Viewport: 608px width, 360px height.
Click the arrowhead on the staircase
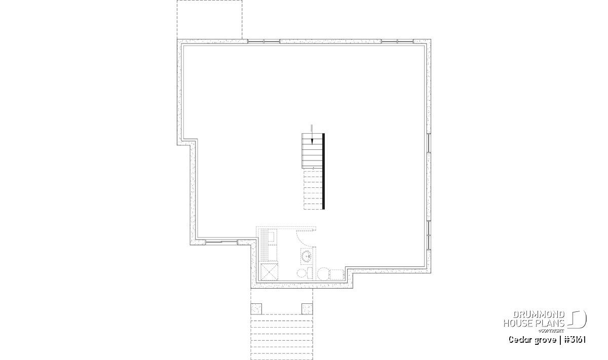(x=312, y=141)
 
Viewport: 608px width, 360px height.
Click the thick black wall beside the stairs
(x=323, y=171)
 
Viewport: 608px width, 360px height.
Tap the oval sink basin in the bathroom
(x=307, y=256)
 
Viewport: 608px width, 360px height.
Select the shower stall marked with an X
(x=269, y=271)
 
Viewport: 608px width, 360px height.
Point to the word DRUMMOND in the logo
(x=539, y=315)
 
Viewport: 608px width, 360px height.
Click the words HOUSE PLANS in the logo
(x=534, y=324)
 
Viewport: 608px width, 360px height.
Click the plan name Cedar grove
(x=533, y=340)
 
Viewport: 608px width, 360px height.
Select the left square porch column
(x=256, y=309)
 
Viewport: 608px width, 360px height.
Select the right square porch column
(x=307, y=309)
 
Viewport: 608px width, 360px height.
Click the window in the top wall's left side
(x=263, y=41)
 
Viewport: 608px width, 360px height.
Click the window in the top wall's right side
(x=397, y=41)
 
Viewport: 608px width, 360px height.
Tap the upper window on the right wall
(x=429, y=143)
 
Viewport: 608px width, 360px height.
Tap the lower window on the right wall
(x=429, y=235)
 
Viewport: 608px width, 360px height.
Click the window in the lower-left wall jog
(x=221, y=242)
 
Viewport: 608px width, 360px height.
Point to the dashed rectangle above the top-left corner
(x=210, y=20)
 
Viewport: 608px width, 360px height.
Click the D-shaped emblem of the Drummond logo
(x=577, y=319)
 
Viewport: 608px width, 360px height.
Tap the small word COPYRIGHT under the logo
(x=551, y=331)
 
